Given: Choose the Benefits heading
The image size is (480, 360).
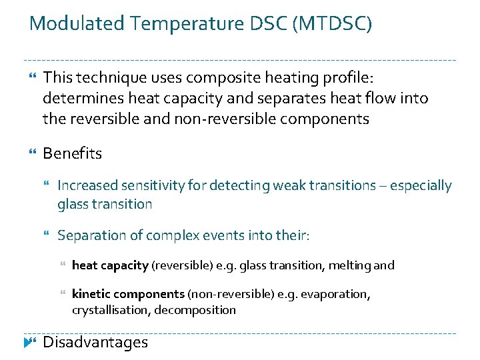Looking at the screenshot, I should pos(73,153).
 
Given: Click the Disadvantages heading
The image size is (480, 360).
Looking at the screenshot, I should pos(95,343).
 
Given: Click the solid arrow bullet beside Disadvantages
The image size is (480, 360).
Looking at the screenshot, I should pos(29,343).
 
